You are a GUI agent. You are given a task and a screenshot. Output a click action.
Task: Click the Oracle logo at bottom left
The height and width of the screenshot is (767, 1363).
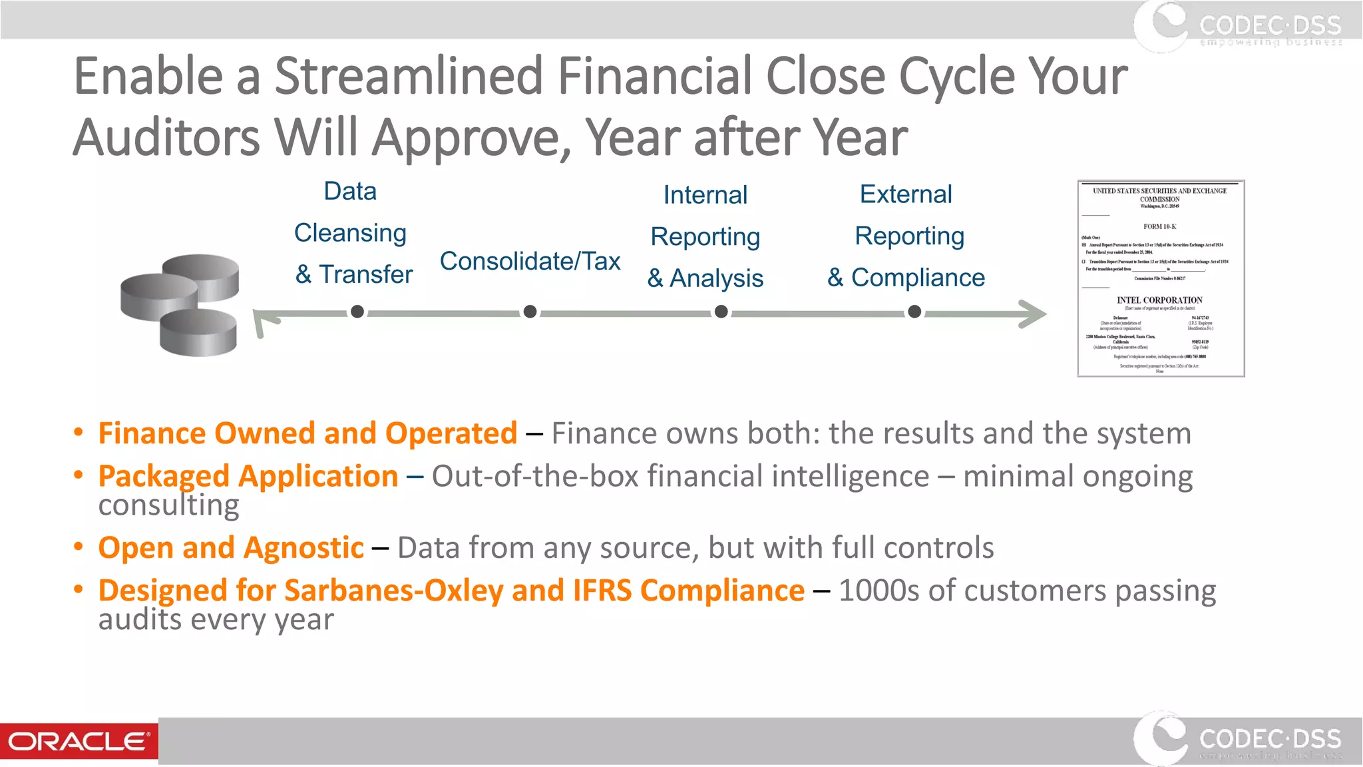tap(79, 741)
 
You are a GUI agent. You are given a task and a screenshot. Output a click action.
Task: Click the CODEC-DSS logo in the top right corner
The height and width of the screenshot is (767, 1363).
tap(1238, 27)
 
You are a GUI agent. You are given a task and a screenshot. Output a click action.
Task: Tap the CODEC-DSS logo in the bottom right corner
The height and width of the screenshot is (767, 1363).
tap(1238, 740)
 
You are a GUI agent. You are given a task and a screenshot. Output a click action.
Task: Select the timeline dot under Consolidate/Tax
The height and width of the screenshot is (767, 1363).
tap(530, 312)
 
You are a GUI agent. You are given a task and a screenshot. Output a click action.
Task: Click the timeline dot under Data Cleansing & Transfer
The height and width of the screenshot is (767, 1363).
tap(357, 312)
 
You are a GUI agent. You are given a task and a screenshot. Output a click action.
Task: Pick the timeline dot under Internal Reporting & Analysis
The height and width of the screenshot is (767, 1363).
tap(721, 312)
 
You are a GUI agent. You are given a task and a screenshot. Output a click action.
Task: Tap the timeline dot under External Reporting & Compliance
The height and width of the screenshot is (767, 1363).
tap(914, 312)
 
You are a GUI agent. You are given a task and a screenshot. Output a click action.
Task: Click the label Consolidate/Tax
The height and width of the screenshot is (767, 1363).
tap(530, 261)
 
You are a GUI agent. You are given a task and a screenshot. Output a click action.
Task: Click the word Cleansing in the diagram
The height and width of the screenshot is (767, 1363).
tap(350, 233)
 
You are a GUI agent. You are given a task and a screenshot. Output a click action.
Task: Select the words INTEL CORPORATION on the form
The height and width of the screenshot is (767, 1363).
tap(1159, 300)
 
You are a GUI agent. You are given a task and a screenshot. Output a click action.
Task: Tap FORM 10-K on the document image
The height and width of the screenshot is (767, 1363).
tap(1159, 226)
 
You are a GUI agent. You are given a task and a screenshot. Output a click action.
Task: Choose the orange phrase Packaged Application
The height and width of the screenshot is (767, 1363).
tap(248, 476)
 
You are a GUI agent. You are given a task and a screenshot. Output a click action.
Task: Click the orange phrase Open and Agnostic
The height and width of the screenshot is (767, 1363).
tap(231, 548)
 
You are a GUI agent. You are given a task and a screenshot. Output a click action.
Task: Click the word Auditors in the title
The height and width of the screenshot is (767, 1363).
tap(166, 137)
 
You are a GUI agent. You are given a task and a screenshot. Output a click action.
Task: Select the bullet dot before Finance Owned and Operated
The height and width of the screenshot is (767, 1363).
tap(79, 433)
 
